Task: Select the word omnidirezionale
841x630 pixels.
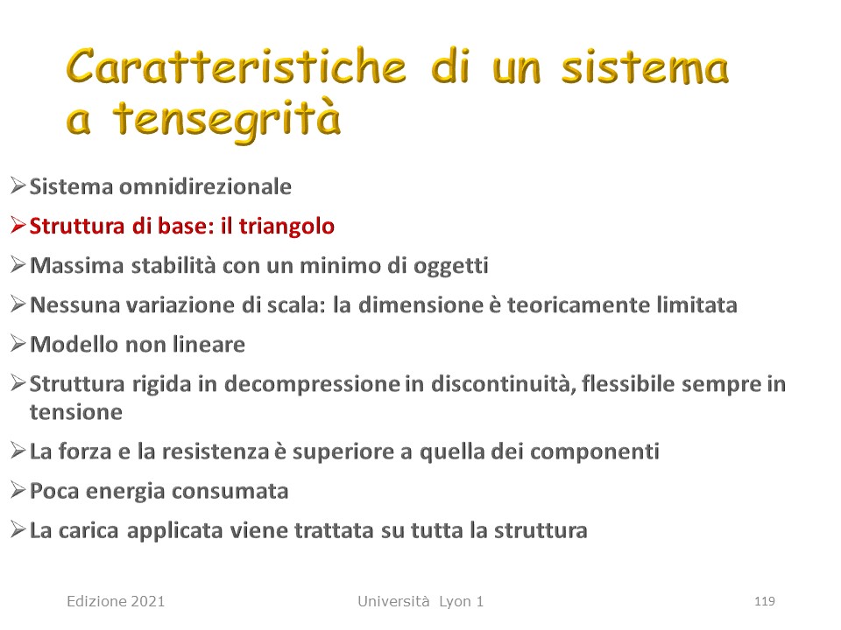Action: [205, 186]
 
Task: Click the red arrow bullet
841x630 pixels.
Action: [18, 226]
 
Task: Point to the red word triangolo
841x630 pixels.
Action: [286, 227]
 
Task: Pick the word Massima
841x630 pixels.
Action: [77, 265]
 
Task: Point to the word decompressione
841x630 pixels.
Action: [312, 384]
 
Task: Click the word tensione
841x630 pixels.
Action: [76, 412]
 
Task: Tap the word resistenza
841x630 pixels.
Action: [216, 451]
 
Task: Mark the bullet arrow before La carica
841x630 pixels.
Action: [18, 530]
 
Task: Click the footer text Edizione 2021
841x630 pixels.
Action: [116, 602]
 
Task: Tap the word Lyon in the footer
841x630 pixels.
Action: [456, 602]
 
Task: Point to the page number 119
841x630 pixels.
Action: [764, 602]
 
